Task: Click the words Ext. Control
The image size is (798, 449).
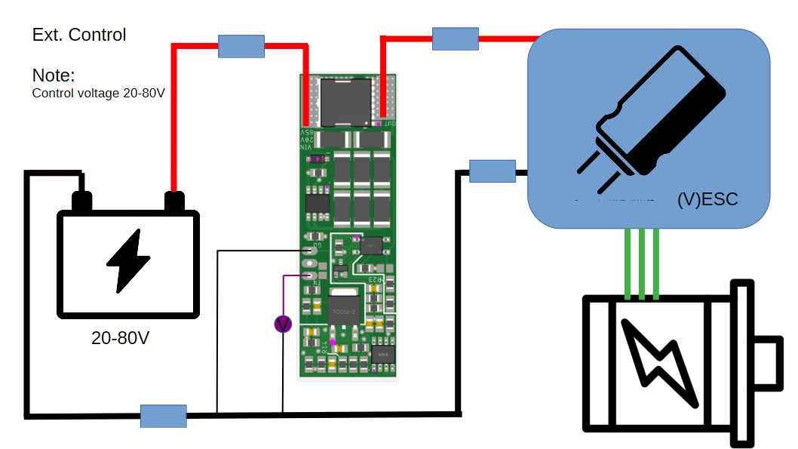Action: pyautogui.click(x=79, y=35)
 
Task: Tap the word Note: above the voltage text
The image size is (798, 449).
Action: pyautogui.click(x=54, y=75)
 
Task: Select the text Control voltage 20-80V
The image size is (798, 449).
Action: pyautogui.click(x=98, y=94)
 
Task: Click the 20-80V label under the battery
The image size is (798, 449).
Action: pyautogui.click(x=120, y=338)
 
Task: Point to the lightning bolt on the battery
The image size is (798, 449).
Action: pyautogui.click(x=127, y=260)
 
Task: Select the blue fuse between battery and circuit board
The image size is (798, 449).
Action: pyautogui.click(x=241, y=46)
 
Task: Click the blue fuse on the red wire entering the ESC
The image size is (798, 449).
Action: pyautogui.click(x=456, y=39)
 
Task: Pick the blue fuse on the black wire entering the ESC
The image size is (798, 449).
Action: pyautogui.click(x=493, y=171)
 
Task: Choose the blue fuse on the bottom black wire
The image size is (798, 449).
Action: pyautogui.click(x=164, y=416)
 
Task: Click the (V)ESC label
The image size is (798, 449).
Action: pyautogui.click(x=707, y=200)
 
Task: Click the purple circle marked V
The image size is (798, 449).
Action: pyautogui.click(x=283, y=324)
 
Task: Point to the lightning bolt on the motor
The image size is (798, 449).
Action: pyautogui.click(x=660, y=360)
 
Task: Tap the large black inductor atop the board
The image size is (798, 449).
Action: pyautogui.click(x=344, y=100)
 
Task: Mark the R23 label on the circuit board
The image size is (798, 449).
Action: pyautogui.click(x=375, y=280)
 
